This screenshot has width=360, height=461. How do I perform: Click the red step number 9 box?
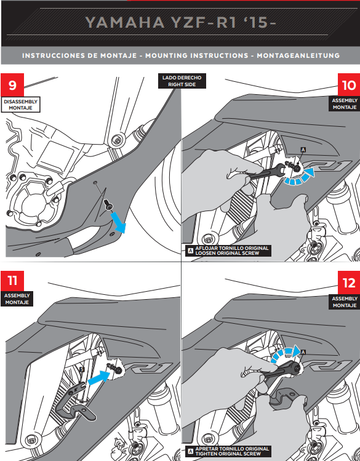click(12, 85)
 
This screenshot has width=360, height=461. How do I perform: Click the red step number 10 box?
click(349, 85)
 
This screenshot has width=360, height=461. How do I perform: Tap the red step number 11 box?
click(12, 281)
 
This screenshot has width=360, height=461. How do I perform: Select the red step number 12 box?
click(349, 283)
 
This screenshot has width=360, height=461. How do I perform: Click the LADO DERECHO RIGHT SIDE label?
click(182, 81)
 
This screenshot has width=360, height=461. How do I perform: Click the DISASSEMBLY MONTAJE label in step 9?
click(20, 105)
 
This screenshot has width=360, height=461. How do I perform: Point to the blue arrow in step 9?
click(119, 223)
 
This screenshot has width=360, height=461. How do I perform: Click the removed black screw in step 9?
click(108, 204)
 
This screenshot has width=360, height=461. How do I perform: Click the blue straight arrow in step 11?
click(99, 377)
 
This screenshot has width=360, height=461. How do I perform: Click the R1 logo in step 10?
click(327, 166)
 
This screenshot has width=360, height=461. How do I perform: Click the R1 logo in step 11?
click(148, 368)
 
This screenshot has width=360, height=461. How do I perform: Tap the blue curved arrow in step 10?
click(300, 178)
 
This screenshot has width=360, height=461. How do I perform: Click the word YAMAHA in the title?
click(125, 23)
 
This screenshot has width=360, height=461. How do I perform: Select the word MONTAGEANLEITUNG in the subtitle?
click(298, 55)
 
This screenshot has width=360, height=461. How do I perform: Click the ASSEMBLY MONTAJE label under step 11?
click(17, 299)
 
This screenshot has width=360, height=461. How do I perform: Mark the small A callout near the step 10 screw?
click(303, 150)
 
